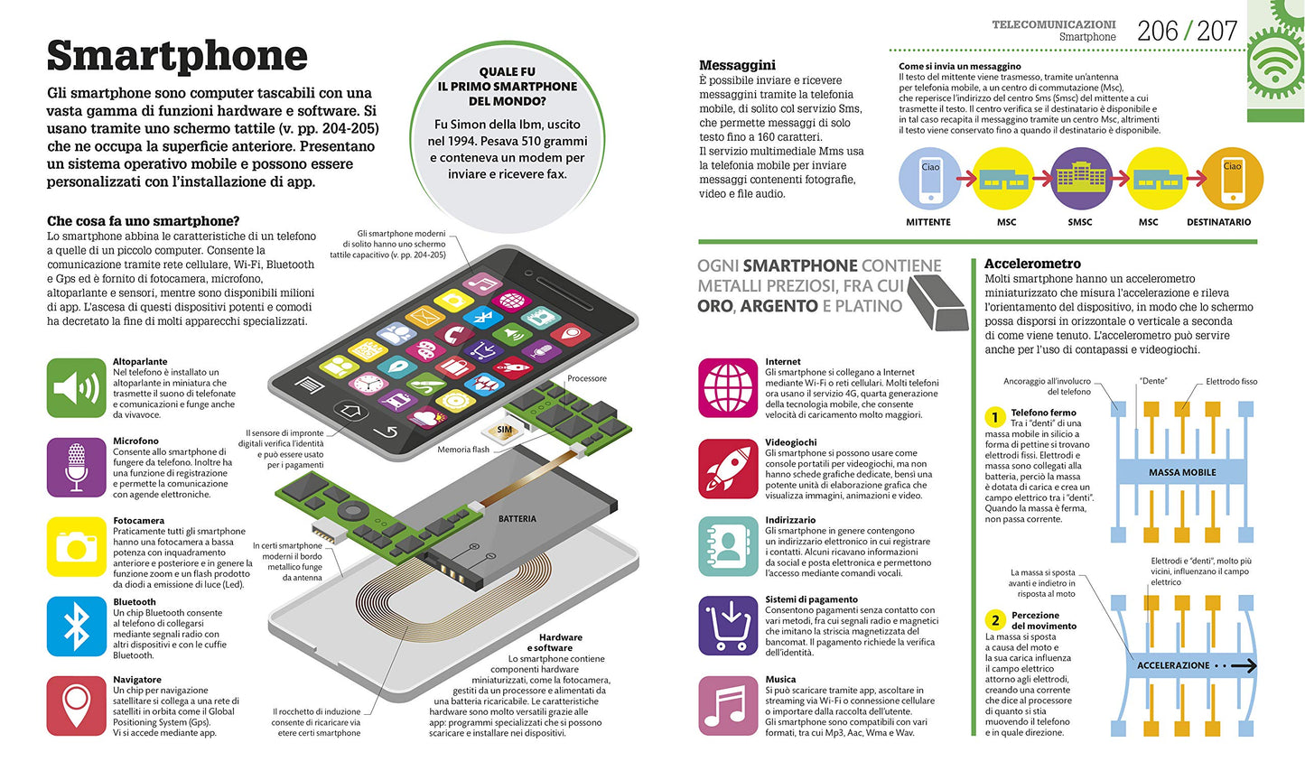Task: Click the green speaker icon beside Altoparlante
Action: pyautogui.click(x=77, y=388)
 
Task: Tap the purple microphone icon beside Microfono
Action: pyautogui.click(x=77, y=467)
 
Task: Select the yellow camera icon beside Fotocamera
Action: pyautogui.click(x=77, y=546)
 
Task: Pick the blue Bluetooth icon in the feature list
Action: pyautogui.click(x=77, y=627)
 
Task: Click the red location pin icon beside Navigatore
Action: pyautogui.click(x=77, y=705)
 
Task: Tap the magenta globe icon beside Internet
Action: pyautogui.click(x=728, y=388)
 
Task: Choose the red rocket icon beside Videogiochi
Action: pyautogui.click(x=728, y=469)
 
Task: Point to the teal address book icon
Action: pyautogui.click(x=728, y=546)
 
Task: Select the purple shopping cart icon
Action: pyautogui.click(x=728, y=626)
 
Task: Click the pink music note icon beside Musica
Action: pyautogui.click(x=728, y=705)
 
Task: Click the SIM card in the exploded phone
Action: pyautogui.click(x=503, y=431)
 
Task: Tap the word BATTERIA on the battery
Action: pyautogui.click(x=517, y=518)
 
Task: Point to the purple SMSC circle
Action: pyautogui.click(x=1081, y=179)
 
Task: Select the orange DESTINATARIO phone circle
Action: pyautogui.click(x=1232, y=179)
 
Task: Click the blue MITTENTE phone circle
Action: pyautogui.click(x=930, y=179)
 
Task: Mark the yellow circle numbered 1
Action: pyautogui.click(x=995, y=417)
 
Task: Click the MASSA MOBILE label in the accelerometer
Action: pyautogui.click(x=1182, y=472)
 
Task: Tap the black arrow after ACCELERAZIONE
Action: pyautogui.click(x=1243, y=666)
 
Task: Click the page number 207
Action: pyautogui.click(x=1217, y=32)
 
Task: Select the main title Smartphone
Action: pyautogui.click(x=177, y=56)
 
